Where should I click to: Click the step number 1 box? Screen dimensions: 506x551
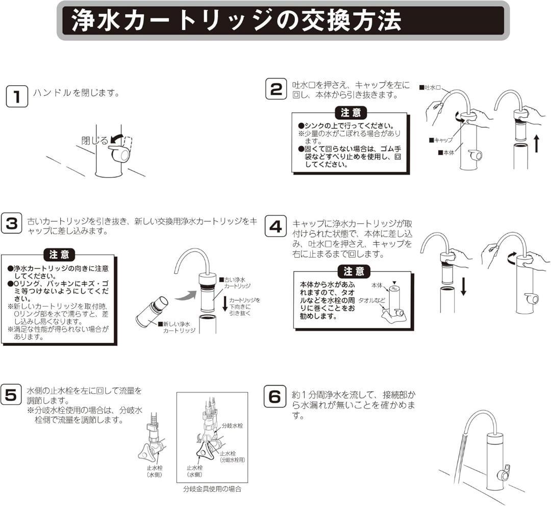click(x=17, y=97)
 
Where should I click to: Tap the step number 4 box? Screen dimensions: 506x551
click(x=275, y=227)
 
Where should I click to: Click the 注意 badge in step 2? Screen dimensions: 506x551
click(x=350, y=113)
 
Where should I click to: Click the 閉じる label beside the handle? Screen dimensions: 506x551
click(x=95, y=140)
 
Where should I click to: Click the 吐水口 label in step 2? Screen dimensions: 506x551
click(x=432, y=88)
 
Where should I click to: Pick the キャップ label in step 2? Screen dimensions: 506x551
click(x=441, y=139)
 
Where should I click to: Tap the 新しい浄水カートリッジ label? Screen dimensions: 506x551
click(x=176, y=327)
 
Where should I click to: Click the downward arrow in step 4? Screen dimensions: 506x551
click(x=463, y=286)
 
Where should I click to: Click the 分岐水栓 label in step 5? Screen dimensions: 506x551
click(x=233, y=424)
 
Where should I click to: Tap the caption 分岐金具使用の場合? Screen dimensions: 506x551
click(x=212, y=489)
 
